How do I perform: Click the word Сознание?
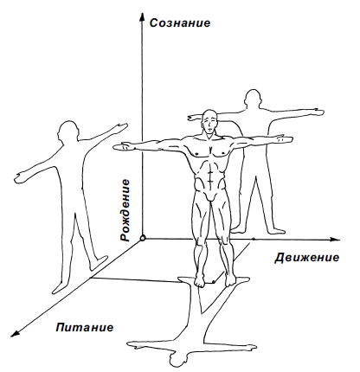(180, 22)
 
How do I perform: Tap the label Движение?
(306, 258)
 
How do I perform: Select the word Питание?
(85, 328)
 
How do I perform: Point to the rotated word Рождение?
(125, 210)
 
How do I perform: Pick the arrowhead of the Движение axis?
(335, 240)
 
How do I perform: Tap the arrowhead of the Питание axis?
(15, 332)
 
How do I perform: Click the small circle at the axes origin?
(142, 238)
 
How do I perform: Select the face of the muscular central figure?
(209, 123)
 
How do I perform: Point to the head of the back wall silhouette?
(253, 99)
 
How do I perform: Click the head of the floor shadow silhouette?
(178, 359)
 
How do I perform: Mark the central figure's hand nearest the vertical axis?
(122, 146)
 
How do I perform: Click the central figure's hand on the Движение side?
(284, 139)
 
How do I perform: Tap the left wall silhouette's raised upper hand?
(120, 127)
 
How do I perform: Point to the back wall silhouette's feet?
(258, 230)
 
